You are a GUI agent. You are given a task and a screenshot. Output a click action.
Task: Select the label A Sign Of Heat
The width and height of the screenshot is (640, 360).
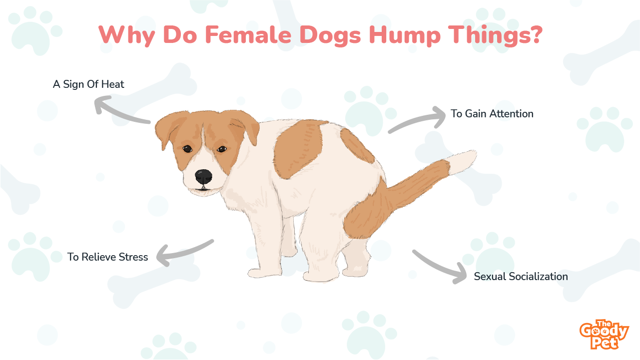(88, 84)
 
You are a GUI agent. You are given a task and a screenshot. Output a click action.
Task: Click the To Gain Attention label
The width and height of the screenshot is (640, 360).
(492, 114)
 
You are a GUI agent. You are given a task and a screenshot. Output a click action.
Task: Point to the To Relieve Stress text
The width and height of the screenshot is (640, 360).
(107, 257)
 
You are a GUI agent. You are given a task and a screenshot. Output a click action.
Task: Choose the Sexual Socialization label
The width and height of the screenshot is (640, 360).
(521, 277)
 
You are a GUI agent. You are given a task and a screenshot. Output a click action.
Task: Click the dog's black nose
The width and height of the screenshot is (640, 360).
(203, 176)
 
